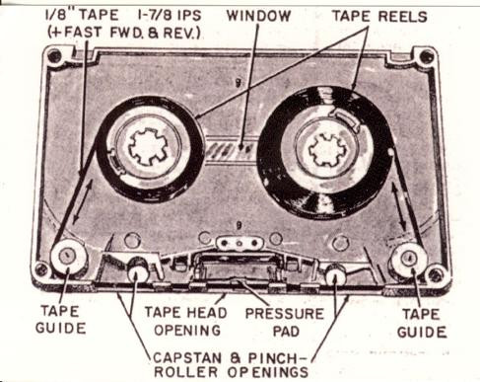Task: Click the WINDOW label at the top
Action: pyautogui.click(x=258, y=16)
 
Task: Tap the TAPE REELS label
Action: pyautogui.click(x=379, y=16)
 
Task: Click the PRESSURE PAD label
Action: pyautogui.click(x=285, y=322)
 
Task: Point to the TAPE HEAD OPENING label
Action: pyautogui.click(x=186, y=321)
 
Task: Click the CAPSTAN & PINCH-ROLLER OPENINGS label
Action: pyautogui.click(x=231, y=365)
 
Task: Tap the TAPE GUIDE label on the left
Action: pyautogui.click(x=61, y=320)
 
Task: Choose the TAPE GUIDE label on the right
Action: pyautogui.click(x=422, y=323)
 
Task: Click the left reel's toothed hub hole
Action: pyautogui.click(x=148, y=146)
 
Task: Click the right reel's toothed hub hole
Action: pyautogui.click(x=327, y=150)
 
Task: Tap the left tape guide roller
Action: pyautogui.click(x=68, y=257)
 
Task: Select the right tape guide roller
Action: pyautogui.click(x=409, y=259)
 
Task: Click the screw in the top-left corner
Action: pyautogui.click(x=54, y=56)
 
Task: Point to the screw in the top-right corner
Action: pyautogui.click(x=427, y=57)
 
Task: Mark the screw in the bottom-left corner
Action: pyautogui.click(x=41, y=269)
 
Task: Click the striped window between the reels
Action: pyautogui.click(x=231, y=149)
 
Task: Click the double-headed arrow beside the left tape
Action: pyautogui.click(x=82, y=201)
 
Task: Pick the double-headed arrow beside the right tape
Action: pyautogui.click(x=399, y=206)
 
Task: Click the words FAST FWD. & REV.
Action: pyautogui.click(x=124, y=33)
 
